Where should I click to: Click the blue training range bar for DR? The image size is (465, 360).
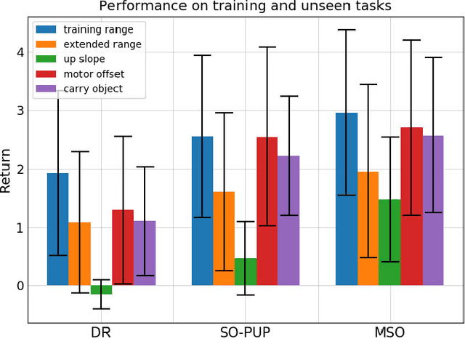pos(57,229)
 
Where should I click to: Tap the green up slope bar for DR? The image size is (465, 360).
pos(101,289)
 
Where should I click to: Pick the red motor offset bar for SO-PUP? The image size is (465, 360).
pos(267,211)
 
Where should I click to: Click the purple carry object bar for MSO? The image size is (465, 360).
pos(433,210)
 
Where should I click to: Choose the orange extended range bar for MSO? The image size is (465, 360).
pos(368,228)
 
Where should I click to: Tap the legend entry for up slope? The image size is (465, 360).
pos(84,59)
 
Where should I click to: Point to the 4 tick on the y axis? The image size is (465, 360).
pos(20,52)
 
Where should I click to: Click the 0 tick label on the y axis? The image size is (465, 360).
pos(20,286)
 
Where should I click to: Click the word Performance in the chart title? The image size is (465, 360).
pos(137,7)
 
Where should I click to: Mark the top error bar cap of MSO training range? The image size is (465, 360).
pos(347,30)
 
